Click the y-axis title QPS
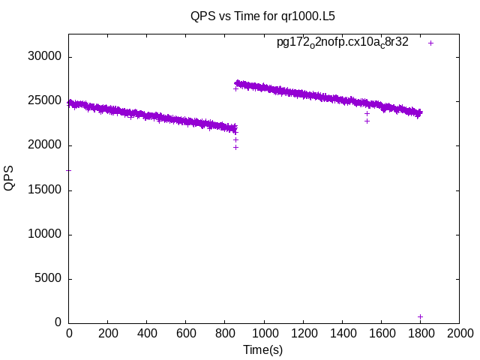[9, 178]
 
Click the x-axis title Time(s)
[262, 349]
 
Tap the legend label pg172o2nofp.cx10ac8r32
[342, 43]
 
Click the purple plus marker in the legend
[430, 43]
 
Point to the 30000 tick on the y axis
[44, 57]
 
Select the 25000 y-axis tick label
[44, 101]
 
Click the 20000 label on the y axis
[44, 145]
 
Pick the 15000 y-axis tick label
[44, 190]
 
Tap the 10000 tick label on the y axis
[44, 235]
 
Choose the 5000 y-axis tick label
[47, 279]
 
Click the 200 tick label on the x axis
[108, 333]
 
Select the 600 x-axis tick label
[186, 333]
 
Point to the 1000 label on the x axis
[264, 333]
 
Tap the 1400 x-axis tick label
[342, 333]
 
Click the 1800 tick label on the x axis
[420, 333]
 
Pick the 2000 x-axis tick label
[459, 333]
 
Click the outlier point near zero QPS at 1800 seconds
[420, 316]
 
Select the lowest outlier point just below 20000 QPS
[235, 147]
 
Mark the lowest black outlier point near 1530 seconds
[367, 121]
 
